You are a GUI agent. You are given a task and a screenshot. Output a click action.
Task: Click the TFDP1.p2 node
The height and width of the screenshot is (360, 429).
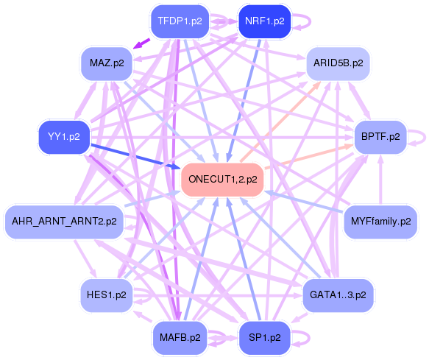pyautogui.click(x=180, y=21)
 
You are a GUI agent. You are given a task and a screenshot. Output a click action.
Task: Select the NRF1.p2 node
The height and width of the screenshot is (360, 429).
pyautogui.click(x=263, y=21)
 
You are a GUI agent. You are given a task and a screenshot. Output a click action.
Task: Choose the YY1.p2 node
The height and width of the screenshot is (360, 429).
pyautogui.click(x=64, y=136)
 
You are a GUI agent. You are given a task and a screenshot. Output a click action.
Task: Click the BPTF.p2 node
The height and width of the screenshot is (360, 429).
pyautogui.click(x=380, y=136)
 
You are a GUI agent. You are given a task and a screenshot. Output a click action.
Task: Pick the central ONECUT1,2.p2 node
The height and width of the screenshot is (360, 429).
pyautogui.click(x=222, y=180)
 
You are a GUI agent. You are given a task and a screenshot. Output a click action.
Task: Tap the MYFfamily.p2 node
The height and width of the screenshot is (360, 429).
pyautogui.click(x=380, y=221)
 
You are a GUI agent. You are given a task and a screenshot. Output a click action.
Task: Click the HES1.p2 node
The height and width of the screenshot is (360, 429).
pyautogui.click(x=106, y=294)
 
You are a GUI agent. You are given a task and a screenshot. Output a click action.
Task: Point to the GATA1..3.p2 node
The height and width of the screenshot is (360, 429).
pyautogui.click(x=338, y=294)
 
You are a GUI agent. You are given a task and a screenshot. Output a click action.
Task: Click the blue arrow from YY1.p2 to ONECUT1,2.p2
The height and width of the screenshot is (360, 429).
pyautogui.click(x=132, y=156)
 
